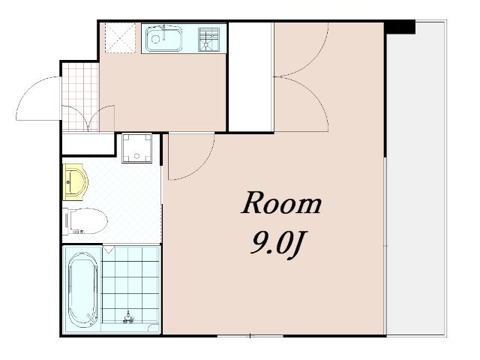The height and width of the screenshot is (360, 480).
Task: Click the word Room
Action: [281, 203]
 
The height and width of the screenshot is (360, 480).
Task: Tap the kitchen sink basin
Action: [163, 38]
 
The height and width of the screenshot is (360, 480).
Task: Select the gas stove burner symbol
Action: [208, 39]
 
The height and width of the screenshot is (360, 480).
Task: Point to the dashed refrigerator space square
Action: [120, 38]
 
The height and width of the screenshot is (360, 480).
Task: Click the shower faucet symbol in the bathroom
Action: [129, 318]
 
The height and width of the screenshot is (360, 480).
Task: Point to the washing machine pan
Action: [136, 148]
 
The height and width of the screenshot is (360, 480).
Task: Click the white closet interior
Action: [250, 77]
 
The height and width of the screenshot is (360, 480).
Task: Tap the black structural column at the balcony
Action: [400, 27]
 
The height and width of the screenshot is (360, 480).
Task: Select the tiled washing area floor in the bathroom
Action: [130, 285]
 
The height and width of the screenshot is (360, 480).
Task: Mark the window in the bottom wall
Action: [250, 336]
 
